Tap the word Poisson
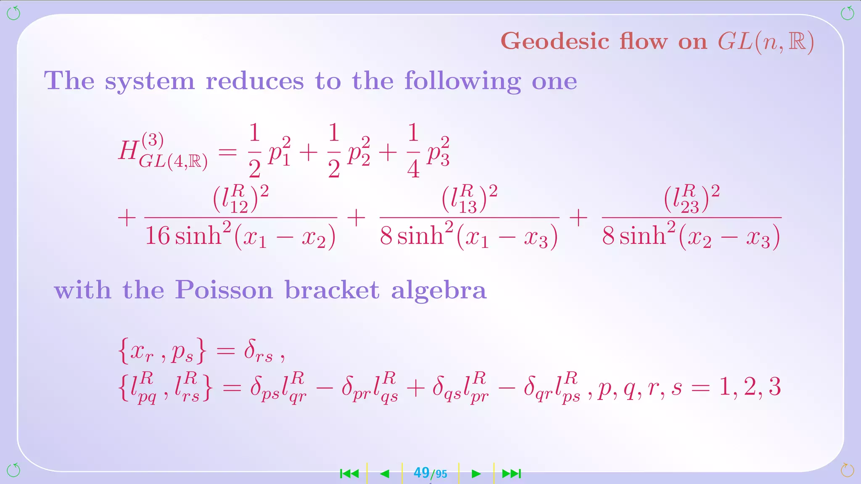click(224, 290)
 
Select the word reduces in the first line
click(254, 81)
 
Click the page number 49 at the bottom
click(421, 473)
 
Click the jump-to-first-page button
click(349, 474)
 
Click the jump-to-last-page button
click(511, 474)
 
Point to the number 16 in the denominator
click(157, 236)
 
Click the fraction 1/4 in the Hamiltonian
click(413, 151)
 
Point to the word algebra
click(438, 290)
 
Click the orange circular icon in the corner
click(847, 470)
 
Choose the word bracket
click(332, 290)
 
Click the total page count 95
click(441, 474)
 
